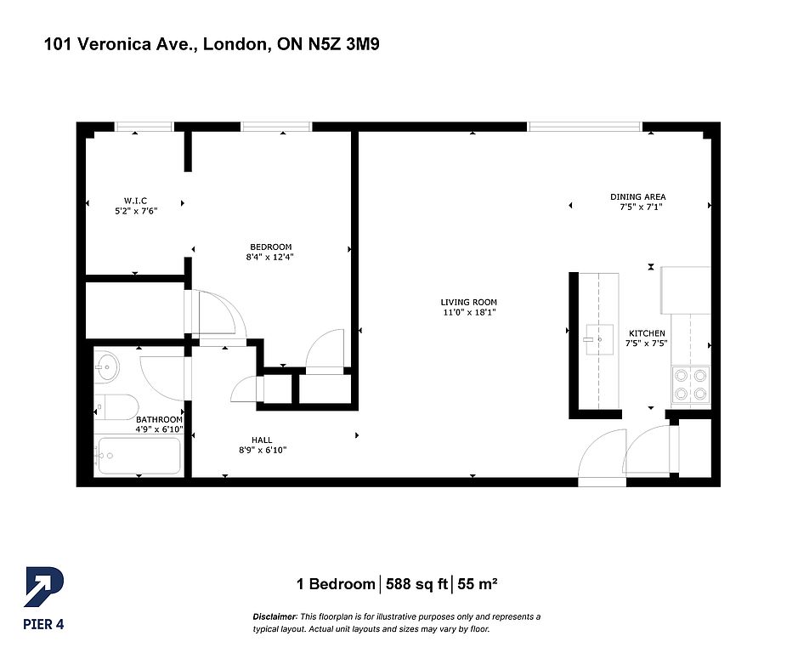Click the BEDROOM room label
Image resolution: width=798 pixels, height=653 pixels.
coord(271,247)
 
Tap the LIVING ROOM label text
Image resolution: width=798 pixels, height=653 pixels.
coord(469,302)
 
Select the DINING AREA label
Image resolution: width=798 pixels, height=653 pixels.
coord(638,196)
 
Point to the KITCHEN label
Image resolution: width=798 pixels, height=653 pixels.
coord(647,333)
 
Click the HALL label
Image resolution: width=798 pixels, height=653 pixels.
coord(262,440)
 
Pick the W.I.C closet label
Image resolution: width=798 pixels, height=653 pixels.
coord(135,201)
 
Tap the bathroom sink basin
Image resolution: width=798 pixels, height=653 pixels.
coord(107,366)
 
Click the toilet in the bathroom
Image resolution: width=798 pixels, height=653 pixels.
coord(117,407)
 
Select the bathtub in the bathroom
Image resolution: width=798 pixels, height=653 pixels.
coord(139,456)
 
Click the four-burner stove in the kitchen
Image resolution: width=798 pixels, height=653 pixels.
coord(691,385)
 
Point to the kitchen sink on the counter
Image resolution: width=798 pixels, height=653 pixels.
coord(599,338)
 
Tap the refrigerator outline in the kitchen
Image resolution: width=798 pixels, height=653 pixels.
coord(686,290)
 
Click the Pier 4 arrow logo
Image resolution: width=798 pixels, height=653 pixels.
coord(44,588)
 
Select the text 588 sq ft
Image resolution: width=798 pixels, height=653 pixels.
coord(416,584)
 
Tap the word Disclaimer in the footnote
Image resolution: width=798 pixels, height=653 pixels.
coord(274,616)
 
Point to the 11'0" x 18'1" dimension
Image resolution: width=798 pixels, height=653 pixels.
coord(469,312)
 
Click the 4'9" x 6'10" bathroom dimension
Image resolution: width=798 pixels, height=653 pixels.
coord(159,429)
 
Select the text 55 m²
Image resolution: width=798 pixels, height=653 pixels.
coord(477,584)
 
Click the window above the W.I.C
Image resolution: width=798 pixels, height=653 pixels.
coord(144,127)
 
